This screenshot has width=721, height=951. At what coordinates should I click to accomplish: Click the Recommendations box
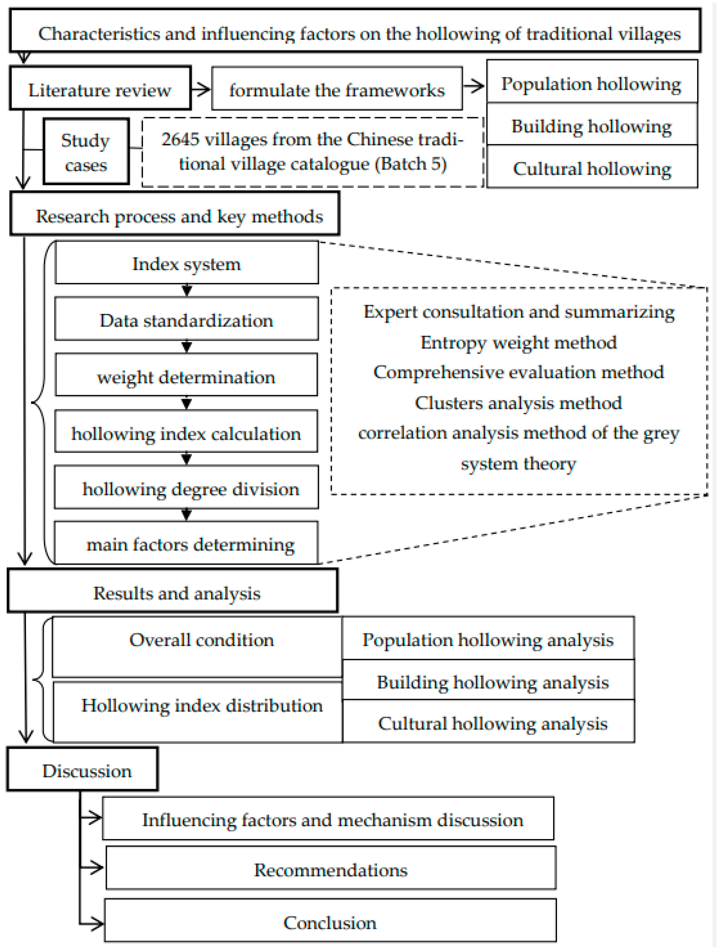point(331,869)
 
